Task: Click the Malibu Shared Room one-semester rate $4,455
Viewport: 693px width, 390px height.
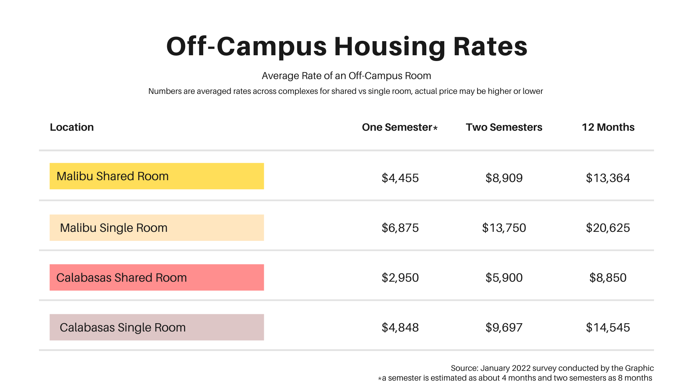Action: coord(400,178)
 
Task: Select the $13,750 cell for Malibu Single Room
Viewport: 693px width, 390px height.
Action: coord(504,228)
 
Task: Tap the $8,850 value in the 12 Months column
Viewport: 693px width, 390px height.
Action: coord(608,278)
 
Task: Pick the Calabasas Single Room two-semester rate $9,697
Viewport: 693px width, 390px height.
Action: coord(504,328)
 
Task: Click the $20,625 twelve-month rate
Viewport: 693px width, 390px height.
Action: coord(608,228)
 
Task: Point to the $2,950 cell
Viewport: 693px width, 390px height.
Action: coord(400,278)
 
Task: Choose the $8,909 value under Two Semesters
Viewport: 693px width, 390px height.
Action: coord(504,178)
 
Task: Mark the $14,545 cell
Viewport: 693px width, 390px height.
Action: coord(608,328)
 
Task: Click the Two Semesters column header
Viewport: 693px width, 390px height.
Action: coord(504,127)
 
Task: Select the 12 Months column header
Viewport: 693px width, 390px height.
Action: coord(608,127)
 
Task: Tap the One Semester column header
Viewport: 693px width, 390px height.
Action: coord(397,127)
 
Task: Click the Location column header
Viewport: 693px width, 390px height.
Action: coord(72,127)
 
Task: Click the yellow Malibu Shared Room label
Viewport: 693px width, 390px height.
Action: coord(157,176)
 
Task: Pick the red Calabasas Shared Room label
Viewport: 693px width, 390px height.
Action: coord(157,277)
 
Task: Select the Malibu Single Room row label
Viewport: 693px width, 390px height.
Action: coord(157,228)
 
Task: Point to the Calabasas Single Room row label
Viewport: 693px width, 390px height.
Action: coord(157,327)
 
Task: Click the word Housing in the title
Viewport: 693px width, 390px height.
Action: coord(390,47)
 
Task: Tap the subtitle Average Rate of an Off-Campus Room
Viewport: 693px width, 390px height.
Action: coord(346,76)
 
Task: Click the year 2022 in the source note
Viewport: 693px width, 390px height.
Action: coord(521,368)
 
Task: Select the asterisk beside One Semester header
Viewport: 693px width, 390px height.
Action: coord(435,128)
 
